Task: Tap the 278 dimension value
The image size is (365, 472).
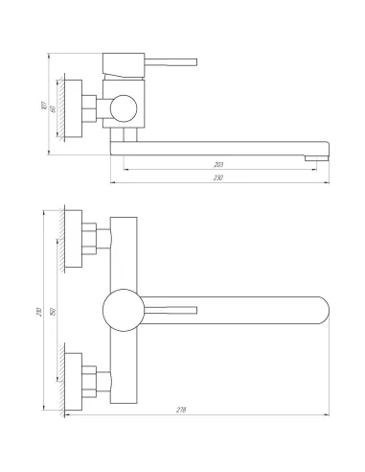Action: point(181,410)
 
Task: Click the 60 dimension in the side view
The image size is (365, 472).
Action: point(54,108)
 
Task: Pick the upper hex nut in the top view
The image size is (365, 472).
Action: point(91,242)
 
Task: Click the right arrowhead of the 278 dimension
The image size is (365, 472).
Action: point(328,419)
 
